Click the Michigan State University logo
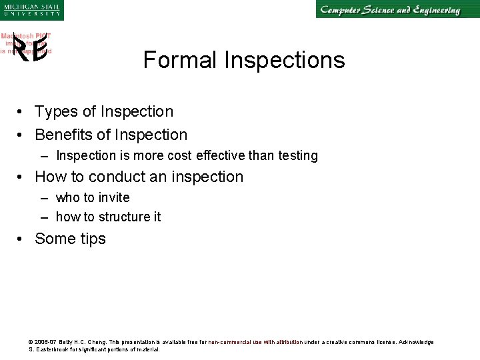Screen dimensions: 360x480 [31, 9]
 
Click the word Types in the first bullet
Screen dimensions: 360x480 [56, 112]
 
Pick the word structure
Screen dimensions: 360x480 [126, 217]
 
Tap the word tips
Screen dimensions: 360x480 [92, 239]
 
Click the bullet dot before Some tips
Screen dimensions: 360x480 [22, 239]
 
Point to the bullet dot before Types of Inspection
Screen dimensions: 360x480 [22, 112]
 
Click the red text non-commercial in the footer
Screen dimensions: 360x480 [230, 342]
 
